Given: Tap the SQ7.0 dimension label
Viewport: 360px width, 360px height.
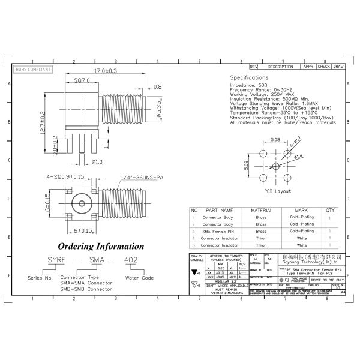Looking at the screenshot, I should tap(82, 80).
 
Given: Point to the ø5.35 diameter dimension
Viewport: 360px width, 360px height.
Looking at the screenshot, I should tap(158, 109).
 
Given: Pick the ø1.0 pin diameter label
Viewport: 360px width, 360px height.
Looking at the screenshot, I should tap(97, 161).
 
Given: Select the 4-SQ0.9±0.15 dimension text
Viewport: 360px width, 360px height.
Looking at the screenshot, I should tap(66, 177).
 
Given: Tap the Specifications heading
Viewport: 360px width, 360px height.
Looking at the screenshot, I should tap(249, 78).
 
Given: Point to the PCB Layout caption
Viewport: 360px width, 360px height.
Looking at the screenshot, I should tap(277, 191).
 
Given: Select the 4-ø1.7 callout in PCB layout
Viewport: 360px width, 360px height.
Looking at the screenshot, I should tap(295, 142).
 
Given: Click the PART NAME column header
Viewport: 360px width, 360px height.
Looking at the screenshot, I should tap(219, 211).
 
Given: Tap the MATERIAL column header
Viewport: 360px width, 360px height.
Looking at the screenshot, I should tap(261, 211).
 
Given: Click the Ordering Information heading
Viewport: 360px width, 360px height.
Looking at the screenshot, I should tap(100, 246).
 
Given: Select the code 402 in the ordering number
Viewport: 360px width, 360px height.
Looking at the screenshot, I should tap(129, 259).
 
